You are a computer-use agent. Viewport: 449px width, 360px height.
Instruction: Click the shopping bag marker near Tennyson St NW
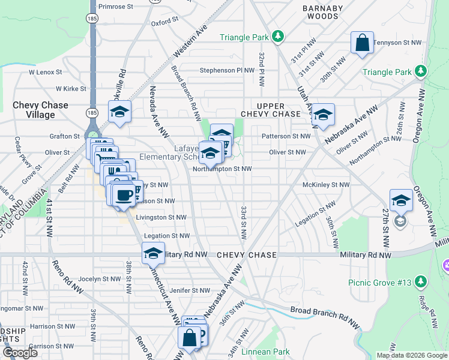(x=362, y=43)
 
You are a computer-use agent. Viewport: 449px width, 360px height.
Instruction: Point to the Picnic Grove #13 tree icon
(x=420, y=281)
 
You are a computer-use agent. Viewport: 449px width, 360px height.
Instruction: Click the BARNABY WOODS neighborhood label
(x=321, y=12)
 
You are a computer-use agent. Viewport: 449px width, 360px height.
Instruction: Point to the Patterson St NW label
(x=286, y=136)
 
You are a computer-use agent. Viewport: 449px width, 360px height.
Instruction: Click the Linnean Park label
(x=265, y=352)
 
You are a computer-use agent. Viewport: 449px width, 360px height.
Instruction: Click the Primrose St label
(x=115, y=6)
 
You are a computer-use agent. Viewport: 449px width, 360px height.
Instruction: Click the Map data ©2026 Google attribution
(x=411, y=355)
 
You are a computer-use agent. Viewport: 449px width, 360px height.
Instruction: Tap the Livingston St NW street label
(x=161, y=217)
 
